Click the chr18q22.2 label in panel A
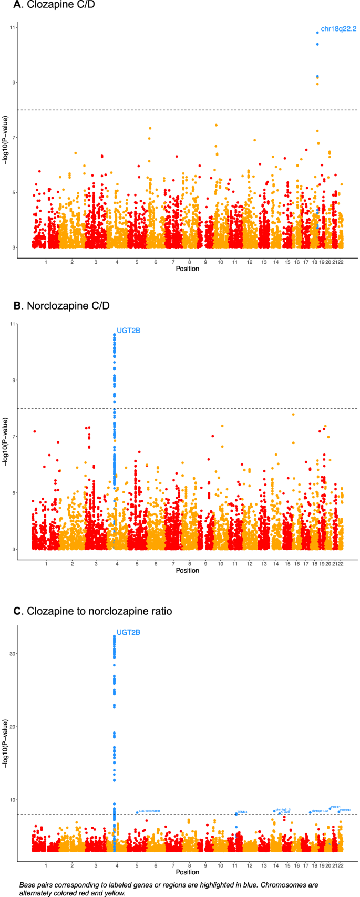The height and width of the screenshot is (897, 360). point(338,29)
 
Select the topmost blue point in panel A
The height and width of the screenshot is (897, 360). point(317,33)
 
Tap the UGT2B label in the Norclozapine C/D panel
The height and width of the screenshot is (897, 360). point(128,331)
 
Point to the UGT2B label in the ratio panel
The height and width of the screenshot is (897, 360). point(128,632)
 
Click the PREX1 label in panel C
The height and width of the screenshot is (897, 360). point(336,807)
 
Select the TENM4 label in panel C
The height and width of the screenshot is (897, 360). point(242,812)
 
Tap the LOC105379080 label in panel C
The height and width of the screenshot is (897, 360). point(149,811)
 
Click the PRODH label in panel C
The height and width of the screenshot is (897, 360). point(345,810)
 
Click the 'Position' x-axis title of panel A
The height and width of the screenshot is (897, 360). point(188,269)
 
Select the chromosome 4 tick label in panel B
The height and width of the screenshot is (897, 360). point(117,563)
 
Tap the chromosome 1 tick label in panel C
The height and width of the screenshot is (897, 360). point(46,865)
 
